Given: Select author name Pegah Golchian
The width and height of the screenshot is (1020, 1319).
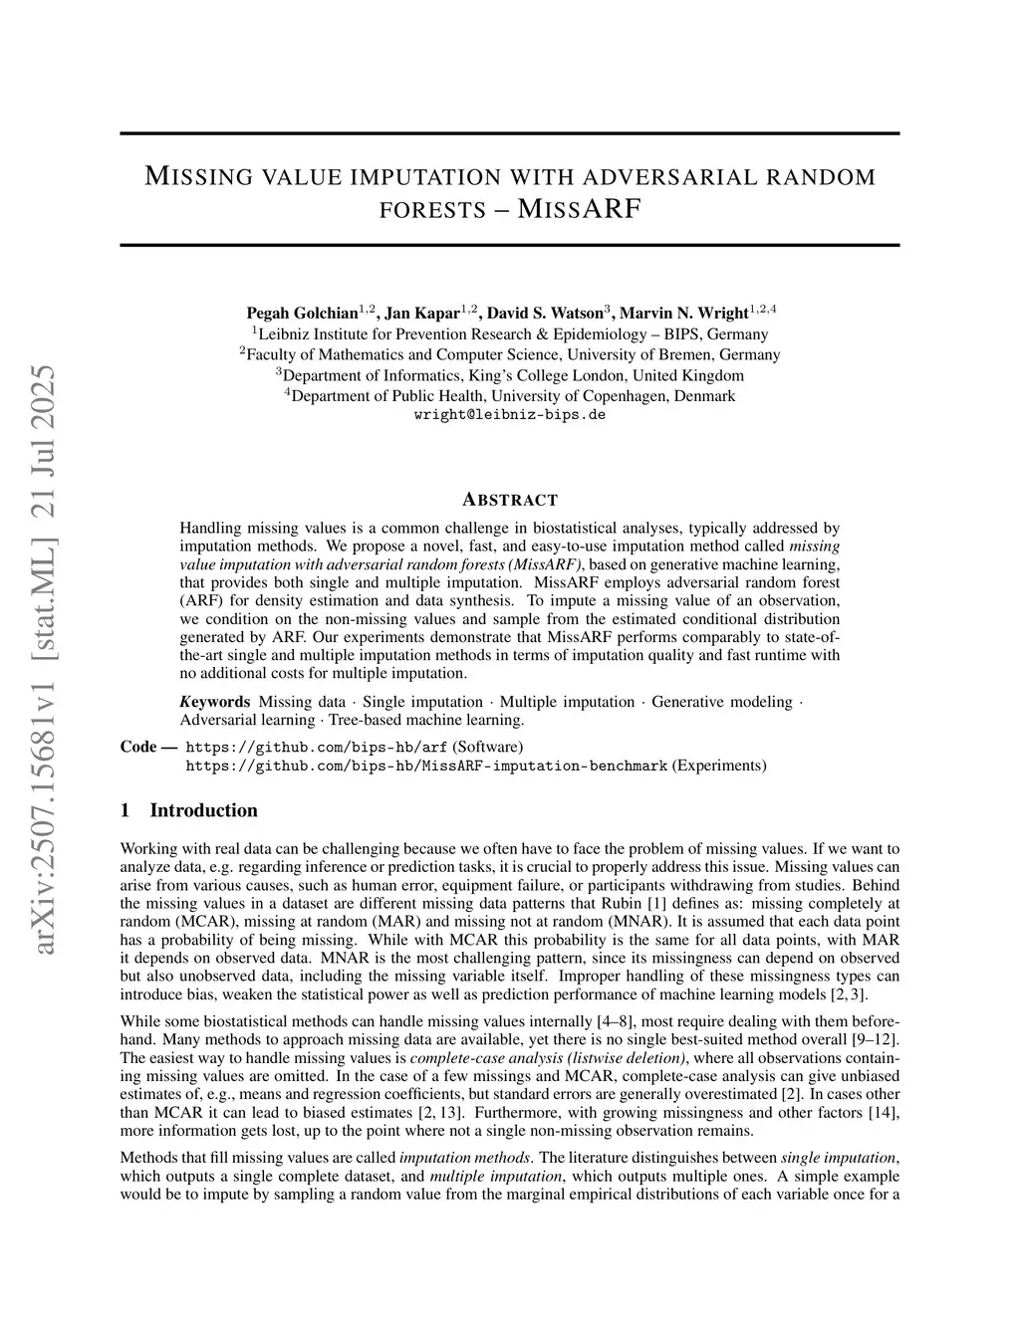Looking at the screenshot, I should (303, 313).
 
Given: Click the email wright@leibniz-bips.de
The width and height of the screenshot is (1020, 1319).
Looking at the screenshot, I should (509, 415).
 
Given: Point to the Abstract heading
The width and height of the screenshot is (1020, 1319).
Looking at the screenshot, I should (510, 500).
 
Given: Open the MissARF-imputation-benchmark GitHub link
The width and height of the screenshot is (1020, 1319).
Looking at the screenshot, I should (426, 766).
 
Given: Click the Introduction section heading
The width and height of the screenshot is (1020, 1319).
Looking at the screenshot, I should (203, 810).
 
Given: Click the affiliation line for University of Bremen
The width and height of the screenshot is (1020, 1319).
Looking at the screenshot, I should (510, 354).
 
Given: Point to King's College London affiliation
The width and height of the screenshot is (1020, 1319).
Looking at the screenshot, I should (510, 375).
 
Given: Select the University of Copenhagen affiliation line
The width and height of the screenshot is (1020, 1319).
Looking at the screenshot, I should (510, 395).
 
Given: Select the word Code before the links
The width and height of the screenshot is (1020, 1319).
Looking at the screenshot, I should (138, 747).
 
